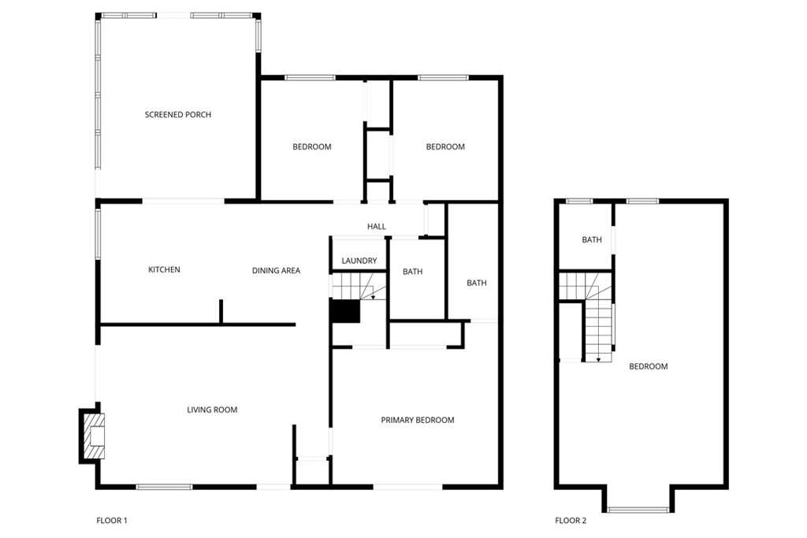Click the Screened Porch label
(178, 115)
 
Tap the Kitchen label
(165, 270)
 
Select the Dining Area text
(276, 271)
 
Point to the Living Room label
(212, 410)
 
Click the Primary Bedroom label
(418, 420)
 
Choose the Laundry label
(359, 261)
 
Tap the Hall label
(377, 227)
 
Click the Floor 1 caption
(112, 520)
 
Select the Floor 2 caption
(571, 520)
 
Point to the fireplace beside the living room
(93, 436)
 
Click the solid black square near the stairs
(345, 312)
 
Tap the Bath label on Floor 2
(592, 240)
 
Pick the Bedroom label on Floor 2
(649, 366)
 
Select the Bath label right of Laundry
(413, 272)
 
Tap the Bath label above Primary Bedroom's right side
(477, 283)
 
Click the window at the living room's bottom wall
(164, 487)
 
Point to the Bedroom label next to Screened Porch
(312, 147)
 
